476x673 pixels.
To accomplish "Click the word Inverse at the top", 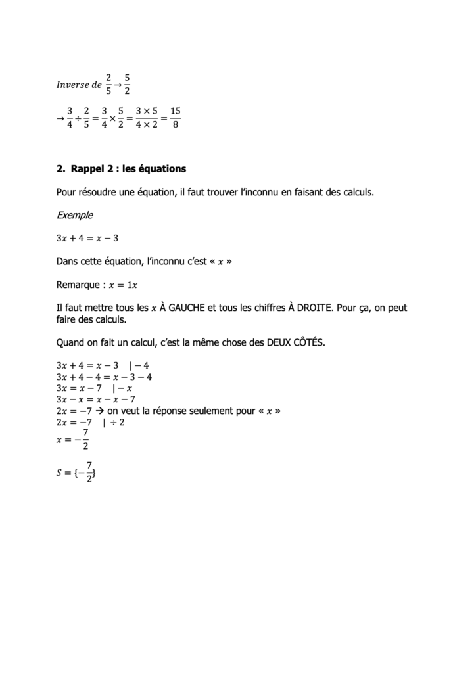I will coord(74,85).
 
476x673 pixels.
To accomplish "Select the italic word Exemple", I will coord(75,215).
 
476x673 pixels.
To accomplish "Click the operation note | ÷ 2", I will coord(114,421).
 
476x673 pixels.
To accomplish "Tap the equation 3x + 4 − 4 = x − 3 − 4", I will coord(105,377).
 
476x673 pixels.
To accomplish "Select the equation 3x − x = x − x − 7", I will coord(96,399).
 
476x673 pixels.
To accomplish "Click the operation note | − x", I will coord(122,388).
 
